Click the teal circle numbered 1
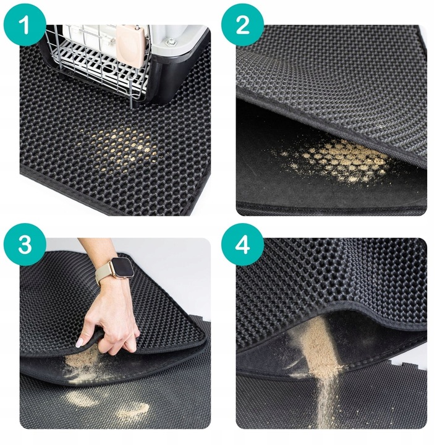pos(25,25)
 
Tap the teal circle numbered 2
pos(242,25)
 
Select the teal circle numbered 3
pos(25,244)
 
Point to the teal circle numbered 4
pos(242,244)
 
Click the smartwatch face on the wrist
pos(121,268)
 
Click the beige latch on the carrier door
pos(129,45)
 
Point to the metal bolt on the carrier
pos(171,43)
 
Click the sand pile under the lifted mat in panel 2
pos(341,162)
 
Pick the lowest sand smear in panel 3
pos(133,410)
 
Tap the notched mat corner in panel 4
pos(403,362)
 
